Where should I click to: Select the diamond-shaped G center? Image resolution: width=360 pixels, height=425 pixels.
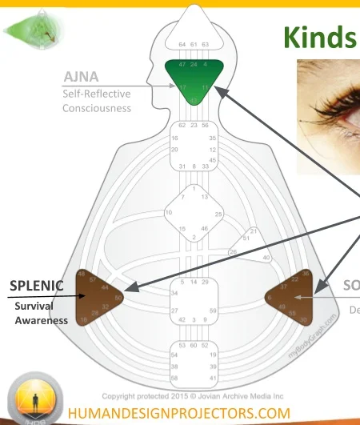pyautogui.click(x=194, y=214)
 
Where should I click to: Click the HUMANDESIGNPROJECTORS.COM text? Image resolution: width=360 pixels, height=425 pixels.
pyautogui.click(x=179, y=413)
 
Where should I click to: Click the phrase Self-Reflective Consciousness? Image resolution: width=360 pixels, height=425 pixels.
pyautogui.click(x=96, y=101)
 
